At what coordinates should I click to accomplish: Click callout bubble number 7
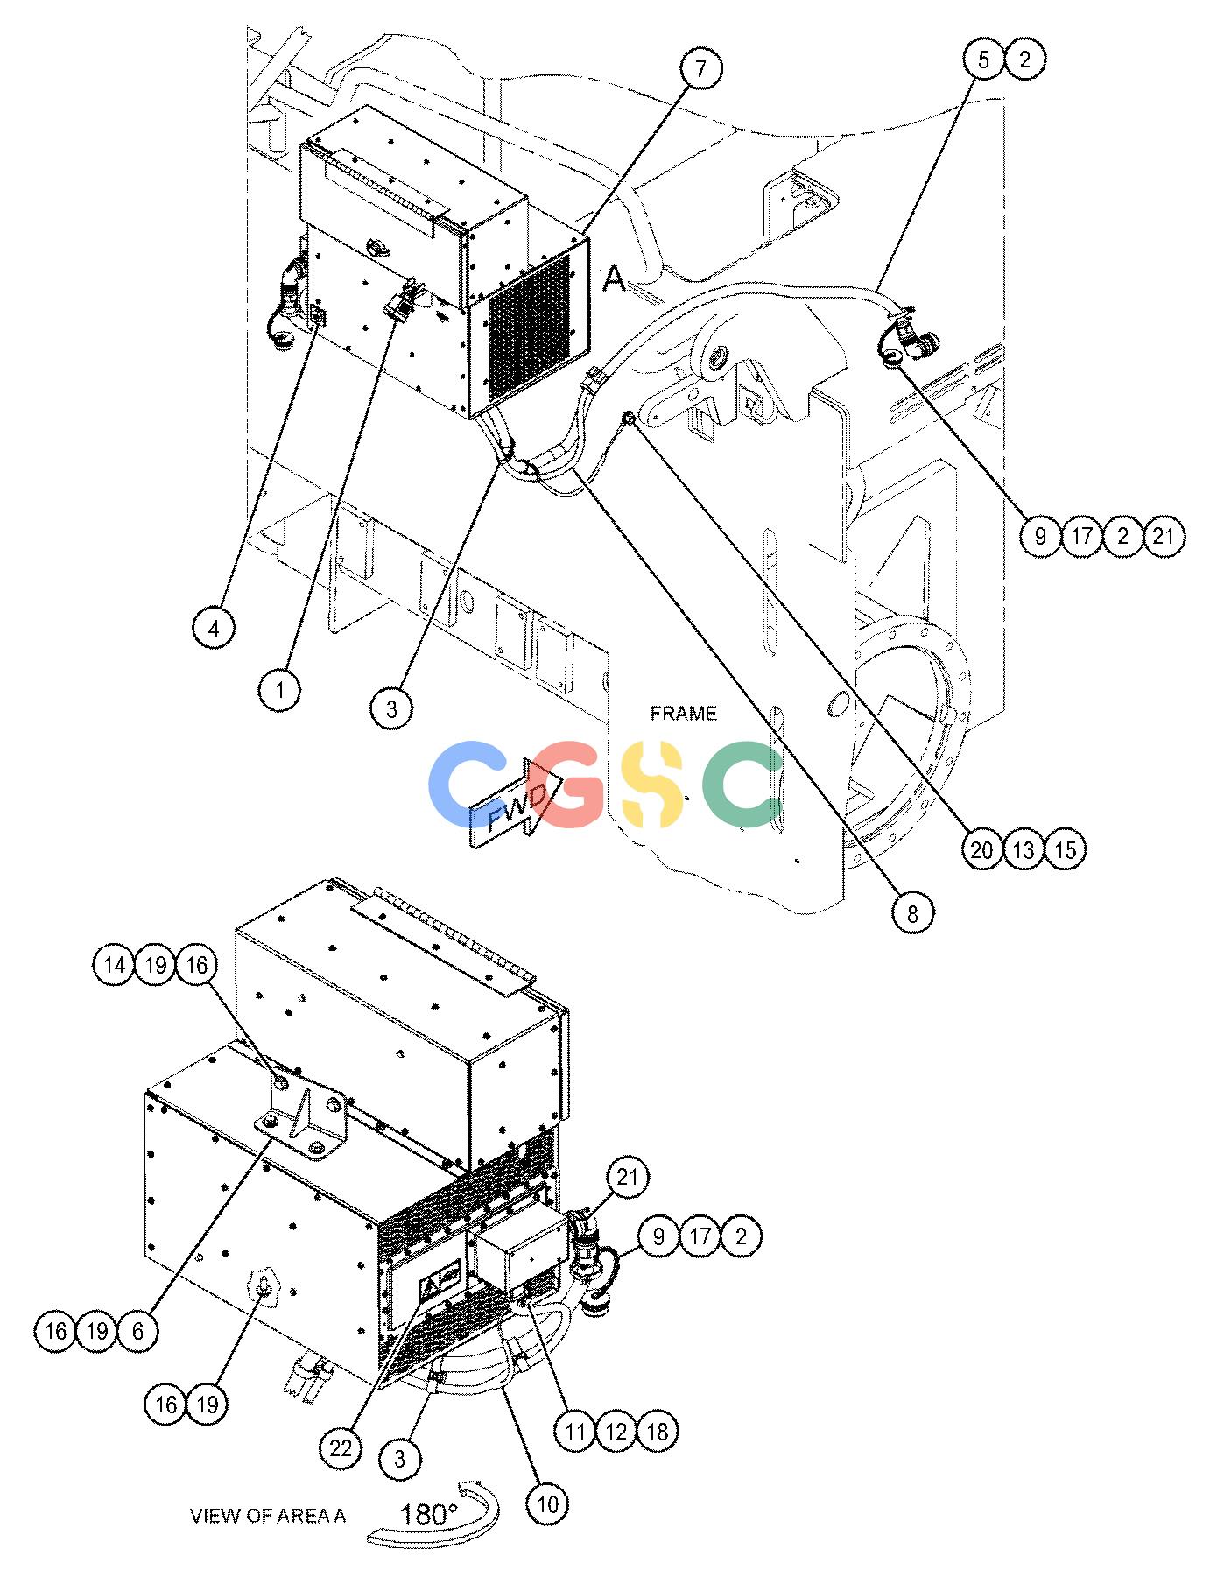[700, 68]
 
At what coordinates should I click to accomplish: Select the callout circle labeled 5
[984, 60]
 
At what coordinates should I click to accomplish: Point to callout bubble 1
[279, 691]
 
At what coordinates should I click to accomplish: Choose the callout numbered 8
[912, 914]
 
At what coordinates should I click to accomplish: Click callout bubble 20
[981, 848]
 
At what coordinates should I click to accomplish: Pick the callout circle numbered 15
[1065, 848]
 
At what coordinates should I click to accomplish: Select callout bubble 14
[114, 965]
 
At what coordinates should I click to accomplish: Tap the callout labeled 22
[341, 1448]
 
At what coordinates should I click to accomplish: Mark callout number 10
[546, 1503]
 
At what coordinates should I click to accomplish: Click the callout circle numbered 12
[616, 1431]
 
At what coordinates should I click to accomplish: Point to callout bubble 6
[138, 1331]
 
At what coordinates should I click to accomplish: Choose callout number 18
[657, 1431]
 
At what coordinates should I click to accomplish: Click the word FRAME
[683, 714]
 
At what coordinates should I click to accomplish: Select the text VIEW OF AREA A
[268, 1515]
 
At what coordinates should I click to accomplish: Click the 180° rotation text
[429, 1514]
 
